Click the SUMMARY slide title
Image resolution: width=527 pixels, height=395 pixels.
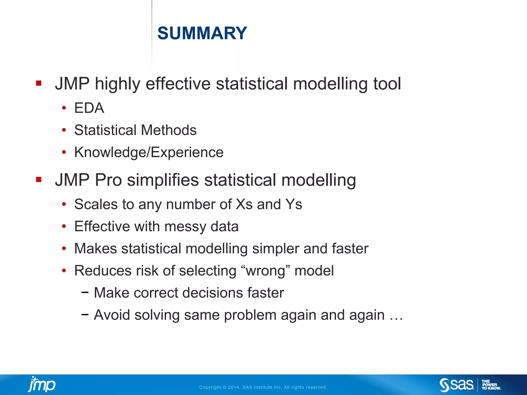coord(202,33)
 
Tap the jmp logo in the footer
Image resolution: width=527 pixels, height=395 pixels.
coord(42,384)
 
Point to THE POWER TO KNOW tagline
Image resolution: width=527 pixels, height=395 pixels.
coord(491,385)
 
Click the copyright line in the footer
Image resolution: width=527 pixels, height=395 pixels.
coord(263,387)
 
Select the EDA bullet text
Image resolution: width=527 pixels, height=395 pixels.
coord(89,108)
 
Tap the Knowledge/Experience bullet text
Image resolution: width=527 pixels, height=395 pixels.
coord(149,152)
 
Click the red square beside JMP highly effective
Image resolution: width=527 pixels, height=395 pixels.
coord(39,83)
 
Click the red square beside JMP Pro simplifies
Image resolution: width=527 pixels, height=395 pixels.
coord(39,179)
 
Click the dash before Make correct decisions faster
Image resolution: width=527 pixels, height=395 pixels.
coord(85,292)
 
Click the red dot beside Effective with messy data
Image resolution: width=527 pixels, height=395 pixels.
coord(64,227)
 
